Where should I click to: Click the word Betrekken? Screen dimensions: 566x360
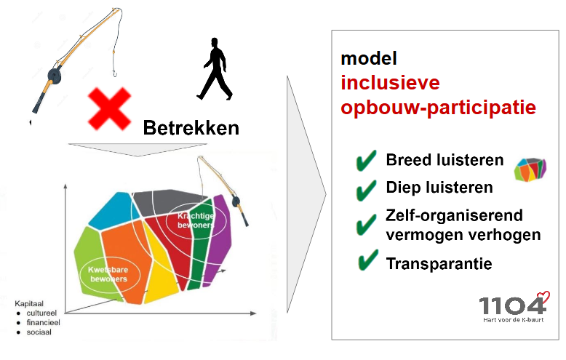pyautogui.click(x=191, y=129)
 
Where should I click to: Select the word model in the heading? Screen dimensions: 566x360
pyautogui.click(x=369, y=59)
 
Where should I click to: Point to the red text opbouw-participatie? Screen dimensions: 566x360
pyautogui.click(x=439, y=108)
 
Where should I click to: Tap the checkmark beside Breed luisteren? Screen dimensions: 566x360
pyautogui.click(x=366, y=161)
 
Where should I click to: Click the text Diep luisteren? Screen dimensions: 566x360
pyautogui.click(x=439, y=188)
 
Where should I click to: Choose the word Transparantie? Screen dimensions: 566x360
pyautogui.click(x=439, y=263)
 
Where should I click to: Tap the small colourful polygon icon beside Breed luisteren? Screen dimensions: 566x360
pyautogui.click(x=530, y=169)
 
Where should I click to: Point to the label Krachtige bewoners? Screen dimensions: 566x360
pyautogui.click(x=192, y=220)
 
